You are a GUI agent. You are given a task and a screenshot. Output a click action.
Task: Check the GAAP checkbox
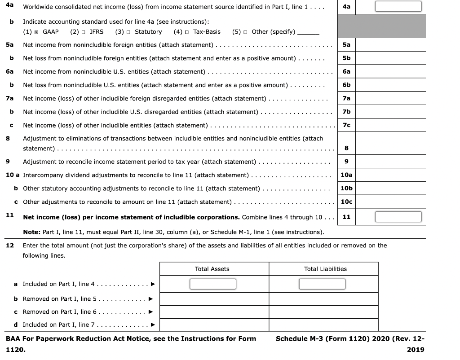38,32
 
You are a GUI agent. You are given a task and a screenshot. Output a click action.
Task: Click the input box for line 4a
398,7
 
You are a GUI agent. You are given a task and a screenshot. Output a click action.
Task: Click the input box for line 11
398,217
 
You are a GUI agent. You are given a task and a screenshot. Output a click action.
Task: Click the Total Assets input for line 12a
212,284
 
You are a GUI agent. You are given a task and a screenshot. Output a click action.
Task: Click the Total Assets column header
212,269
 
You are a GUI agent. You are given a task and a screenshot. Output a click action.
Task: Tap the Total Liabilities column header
325,269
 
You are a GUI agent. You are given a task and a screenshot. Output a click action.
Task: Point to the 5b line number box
346,58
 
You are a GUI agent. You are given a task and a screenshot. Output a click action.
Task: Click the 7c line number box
346,125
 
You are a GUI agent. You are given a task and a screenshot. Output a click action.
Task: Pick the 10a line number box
346,175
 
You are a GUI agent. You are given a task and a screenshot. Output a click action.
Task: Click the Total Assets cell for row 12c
214,312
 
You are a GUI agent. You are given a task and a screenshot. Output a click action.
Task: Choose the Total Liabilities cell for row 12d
323,325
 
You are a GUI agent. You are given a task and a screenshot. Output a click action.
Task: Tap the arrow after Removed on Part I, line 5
150,299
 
